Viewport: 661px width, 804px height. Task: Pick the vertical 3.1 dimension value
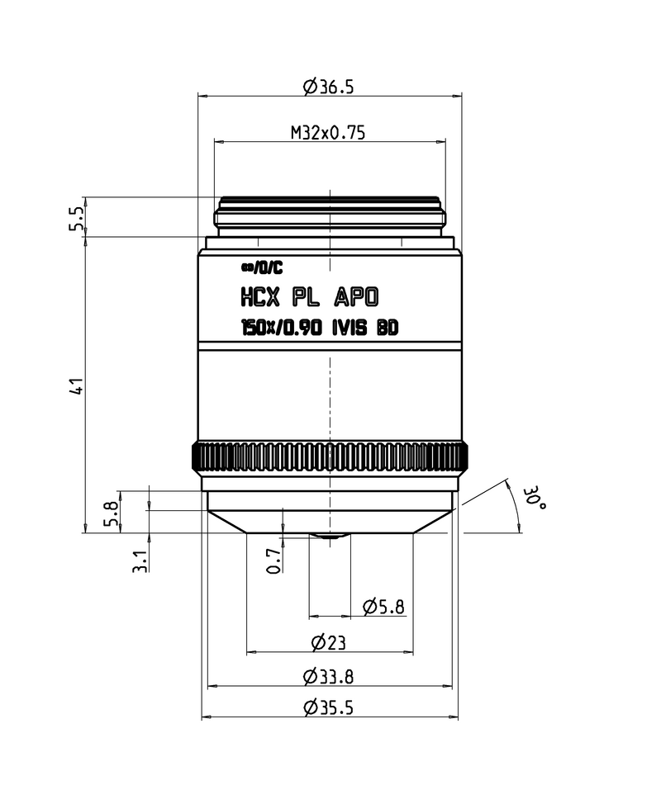coord(141,561)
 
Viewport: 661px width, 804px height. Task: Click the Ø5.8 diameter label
coord(383,608)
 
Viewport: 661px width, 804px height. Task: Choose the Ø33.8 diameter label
coord(329,677)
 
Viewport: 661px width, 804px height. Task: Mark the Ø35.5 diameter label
coord(329,707)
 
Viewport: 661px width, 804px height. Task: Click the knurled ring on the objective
coord(330,456)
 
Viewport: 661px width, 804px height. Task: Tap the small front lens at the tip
coord(329,536)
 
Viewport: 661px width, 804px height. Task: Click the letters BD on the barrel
coord(388,328)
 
